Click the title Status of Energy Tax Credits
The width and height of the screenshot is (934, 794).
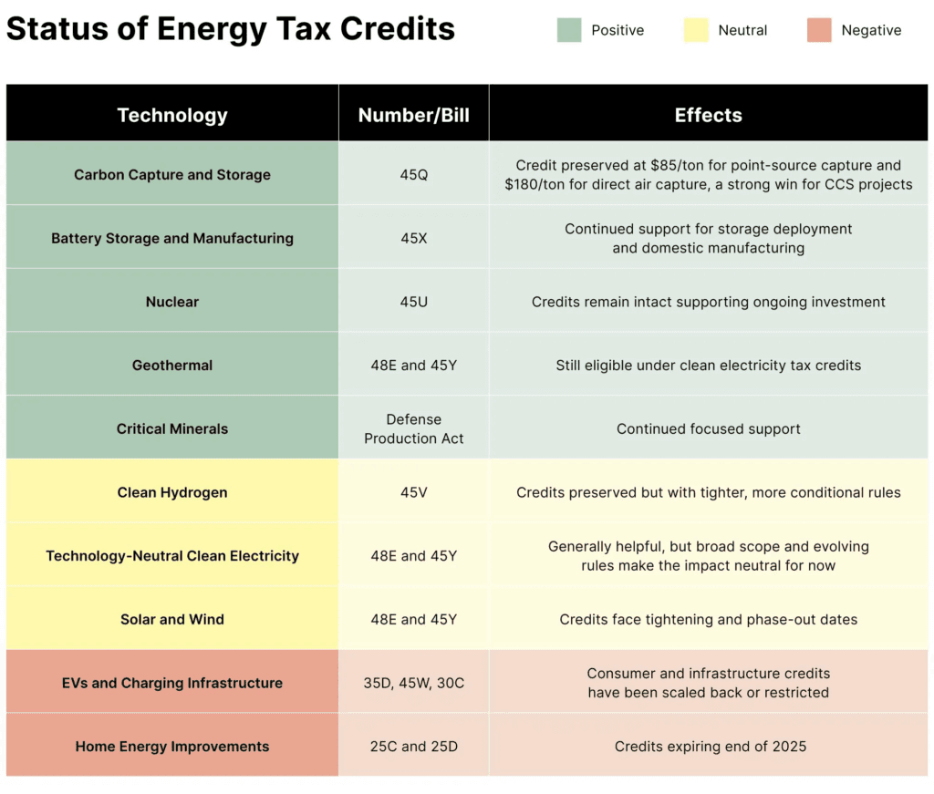231,29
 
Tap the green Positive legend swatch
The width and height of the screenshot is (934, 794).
569,30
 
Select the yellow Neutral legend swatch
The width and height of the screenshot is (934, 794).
696,30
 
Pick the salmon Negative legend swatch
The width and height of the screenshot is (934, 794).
819,30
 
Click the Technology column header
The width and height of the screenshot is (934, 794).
172,115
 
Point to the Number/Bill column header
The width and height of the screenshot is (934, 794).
413,115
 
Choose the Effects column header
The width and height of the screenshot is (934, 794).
708,115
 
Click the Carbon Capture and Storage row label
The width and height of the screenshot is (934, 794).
172,174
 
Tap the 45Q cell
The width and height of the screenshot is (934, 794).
413,174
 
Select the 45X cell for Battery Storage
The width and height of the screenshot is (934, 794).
413,238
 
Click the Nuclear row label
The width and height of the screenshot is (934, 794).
172,302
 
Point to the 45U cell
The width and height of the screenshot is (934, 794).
413,302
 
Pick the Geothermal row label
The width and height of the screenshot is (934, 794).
172,366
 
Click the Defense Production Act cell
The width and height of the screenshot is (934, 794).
413,428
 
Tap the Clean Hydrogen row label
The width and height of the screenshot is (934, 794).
172,492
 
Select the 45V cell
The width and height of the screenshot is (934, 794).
413,492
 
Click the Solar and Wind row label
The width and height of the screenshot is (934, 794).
172,619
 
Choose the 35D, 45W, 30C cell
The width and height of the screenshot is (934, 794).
413,683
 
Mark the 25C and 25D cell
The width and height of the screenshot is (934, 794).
413,747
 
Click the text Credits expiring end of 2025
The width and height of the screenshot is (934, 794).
710,747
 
